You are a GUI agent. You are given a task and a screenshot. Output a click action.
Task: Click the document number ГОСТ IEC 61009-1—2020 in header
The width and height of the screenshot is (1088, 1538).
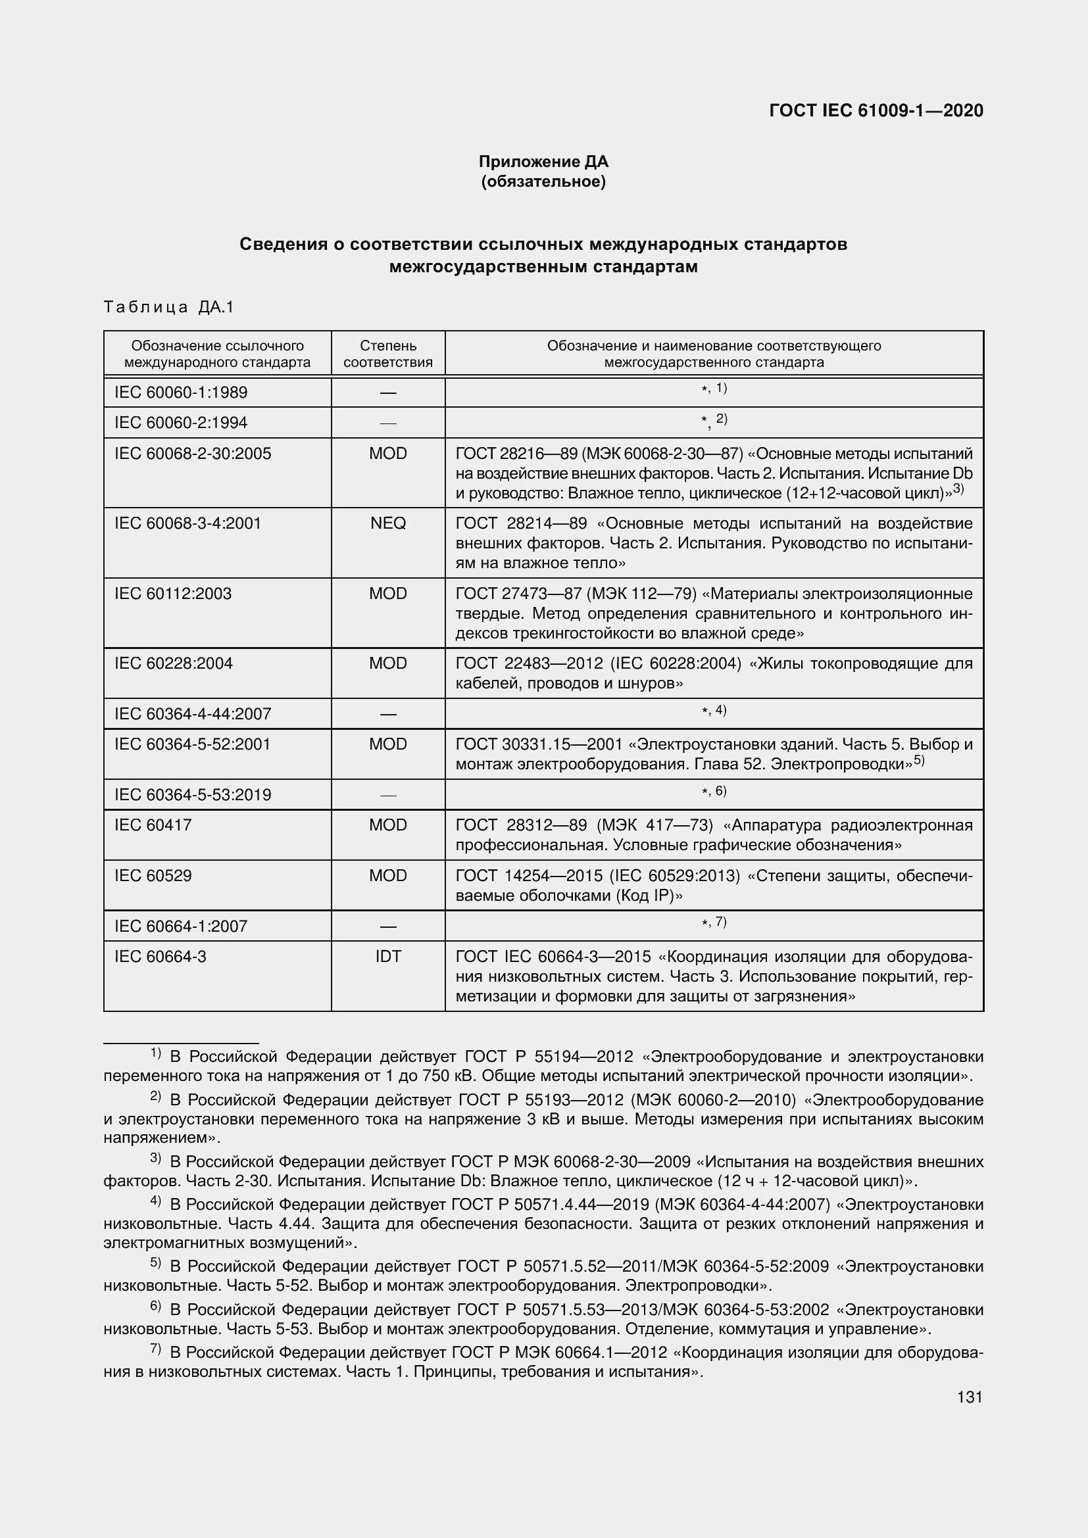click(876, 110)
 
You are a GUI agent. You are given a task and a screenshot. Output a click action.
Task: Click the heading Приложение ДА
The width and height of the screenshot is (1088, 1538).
click(543, 162)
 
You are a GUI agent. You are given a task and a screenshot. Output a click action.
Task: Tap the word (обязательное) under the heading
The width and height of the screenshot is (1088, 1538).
click(543, 181)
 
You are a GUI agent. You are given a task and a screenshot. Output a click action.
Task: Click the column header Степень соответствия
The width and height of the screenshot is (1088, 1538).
click(388, 354)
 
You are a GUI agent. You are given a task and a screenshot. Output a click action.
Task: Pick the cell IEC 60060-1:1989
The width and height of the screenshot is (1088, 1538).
click(181, 392)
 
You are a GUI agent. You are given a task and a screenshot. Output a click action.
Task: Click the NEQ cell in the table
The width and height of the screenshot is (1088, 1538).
click(388, 523)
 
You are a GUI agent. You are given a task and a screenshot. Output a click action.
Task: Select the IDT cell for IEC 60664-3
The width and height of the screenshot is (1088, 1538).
click(388, 956)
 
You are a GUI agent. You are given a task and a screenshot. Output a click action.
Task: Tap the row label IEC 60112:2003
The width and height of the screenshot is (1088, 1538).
click(173, 594)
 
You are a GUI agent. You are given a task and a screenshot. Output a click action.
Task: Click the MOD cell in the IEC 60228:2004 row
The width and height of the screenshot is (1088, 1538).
click(388, 663)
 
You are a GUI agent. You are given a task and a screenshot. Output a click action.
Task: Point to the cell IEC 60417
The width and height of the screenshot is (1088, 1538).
click(153, 825)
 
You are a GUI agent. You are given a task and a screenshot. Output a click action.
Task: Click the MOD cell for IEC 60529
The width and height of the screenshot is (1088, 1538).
click(388, 875)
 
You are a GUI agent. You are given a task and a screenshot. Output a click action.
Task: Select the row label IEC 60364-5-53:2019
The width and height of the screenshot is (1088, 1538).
click(192, 794)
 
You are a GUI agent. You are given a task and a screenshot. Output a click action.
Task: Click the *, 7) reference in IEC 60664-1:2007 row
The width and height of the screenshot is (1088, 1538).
click(714, 923)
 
